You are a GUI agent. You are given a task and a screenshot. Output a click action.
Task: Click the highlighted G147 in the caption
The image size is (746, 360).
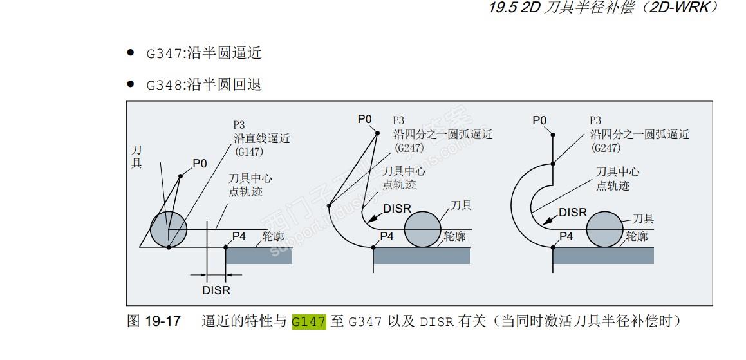[x=309, y=321]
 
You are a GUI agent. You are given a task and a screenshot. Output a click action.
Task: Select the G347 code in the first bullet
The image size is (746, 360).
[x=164, y=53]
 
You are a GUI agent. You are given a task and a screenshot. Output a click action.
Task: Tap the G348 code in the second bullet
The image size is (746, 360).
[x=164, y=85]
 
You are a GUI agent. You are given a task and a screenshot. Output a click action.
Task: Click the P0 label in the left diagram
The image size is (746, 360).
[x=200, y=164]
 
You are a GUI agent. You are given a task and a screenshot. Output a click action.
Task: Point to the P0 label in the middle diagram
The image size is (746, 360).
[x=365, y=119]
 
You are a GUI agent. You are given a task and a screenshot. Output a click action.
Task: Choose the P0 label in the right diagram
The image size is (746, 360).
[x=539, y=120]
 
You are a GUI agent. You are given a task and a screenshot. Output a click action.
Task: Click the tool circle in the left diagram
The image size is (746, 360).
[x=169, y=228]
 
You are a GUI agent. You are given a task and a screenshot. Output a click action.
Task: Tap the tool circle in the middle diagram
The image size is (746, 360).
[x=423, y=229]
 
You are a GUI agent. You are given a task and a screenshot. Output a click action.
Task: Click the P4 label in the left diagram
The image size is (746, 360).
[x=239, y=236]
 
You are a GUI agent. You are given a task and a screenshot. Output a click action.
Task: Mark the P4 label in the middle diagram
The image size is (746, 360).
[x=386, y=236]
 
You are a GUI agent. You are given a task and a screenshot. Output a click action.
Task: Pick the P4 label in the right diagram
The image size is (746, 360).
[x=566, y=236]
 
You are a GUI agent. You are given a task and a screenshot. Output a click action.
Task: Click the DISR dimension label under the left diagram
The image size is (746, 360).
[x=216, y=290]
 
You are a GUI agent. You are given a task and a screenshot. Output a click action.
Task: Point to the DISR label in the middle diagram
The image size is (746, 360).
[x=396, y=209]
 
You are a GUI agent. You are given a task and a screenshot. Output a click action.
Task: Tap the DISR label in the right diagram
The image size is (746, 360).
[x=573, y=213]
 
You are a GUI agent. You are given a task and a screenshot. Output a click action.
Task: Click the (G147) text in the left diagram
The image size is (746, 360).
[x=249, y=152]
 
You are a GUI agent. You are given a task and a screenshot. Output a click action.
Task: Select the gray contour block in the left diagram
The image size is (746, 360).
[x=259, y=255]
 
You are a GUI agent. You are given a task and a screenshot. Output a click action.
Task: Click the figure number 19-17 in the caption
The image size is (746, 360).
[x=162, y=321]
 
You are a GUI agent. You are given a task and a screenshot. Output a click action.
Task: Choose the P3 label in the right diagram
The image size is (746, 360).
[x=595, y=120]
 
